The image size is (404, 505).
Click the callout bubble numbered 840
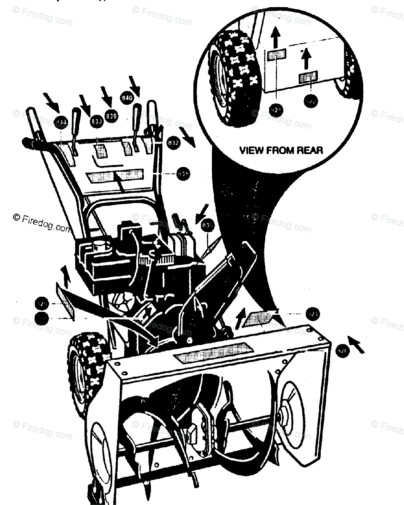point(127,97)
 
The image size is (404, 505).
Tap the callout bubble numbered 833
point(97,121)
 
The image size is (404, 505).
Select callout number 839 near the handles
point(112,115)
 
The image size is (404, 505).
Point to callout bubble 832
point(174,142)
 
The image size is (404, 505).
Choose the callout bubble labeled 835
point(183,173)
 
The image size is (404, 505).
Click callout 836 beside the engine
point(207,225)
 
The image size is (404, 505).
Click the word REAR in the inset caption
point(308,150)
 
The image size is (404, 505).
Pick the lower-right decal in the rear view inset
point(308,77)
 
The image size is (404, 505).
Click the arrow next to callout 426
point(356,344)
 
